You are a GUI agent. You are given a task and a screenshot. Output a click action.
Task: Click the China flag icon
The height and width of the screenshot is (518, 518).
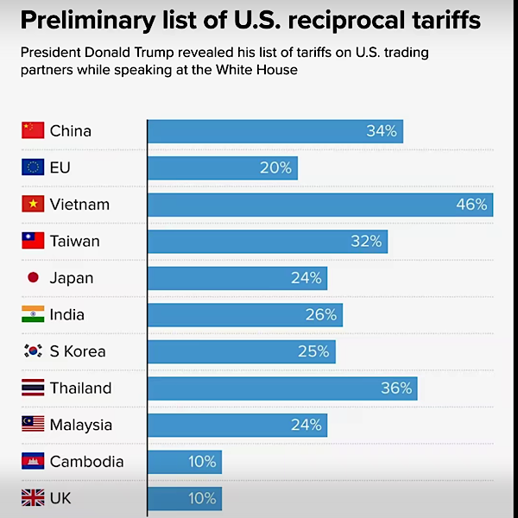click(x=33, y=131)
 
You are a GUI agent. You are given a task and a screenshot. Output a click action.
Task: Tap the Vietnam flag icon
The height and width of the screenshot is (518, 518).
click(x=33, y=205)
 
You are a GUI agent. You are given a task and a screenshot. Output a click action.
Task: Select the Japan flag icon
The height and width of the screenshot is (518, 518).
click(x=33, y=278)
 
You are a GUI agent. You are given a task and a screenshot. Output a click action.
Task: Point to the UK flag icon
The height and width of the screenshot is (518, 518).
click(x=33, y=498)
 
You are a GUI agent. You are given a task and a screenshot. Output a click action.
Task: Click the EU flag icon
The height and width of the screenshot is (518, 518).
click(x=33, y=167)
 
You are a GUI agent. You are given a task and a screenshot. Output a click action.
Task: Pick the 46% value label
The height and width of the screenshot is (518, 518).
click(x=471, y=205)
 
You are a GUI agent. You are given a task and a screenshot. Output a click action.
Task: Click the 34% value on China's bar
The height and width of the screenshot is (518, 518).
click(x=382, y=131)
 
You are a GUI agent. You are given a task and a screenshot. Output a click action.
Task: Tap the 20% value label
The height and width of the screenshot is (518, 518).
click(x=276, y=167)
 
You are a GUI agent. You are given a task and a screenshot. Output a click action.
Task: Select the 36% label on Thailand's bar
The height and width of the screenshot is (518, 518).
click(x=396, y=388)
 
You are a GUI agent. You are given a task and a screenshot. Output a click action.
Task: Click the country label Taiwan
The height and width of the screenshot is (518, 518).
click(x=74, y=241)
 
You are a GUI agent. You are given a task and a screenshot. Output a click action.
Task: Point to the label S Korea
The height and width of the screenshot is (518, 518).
click(x=78, y=351)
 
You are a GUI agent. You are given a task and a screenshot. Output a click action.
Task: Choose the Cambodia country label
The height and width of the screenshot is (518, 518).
click(x=86, y=462)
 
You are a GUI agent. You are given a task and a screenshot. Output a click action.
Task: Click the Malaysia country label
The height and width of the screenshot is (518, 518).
click(x=81, y=425)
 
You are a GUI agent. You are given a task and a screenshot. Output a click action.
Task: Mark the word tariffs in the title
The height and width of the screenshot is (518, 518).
click(x=448, y=22)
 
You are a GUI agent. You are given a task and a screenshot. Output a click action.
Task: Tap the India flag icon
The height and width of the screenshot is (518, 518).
click(x=33, y=315)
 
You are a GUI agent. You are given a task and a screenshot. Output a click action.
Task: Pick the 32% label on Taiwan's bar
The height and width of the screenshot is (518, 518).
click(x=366, y=241)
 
